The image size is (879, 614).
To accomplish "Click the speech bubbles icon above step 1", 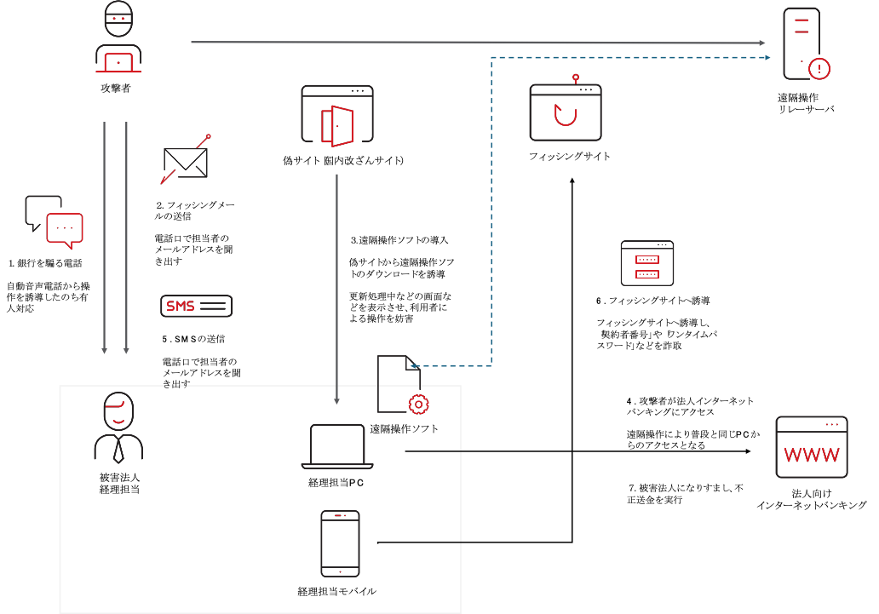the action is point(54,222).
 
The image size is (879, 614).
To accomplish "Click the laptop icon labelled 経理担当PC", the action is point(337,447).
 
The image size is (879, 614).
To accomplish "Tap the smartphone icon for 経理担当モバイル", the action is point(341,543).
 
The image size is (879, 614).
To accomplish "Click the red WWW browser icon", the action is point(812,447).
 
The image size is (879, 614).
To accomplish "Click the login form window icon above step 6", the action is point(647,263).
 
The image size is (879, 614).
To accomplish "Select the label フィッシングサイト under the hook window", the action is point(570,157).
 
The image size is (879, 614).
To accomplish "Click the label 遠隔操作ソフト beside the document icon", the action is point(405,429).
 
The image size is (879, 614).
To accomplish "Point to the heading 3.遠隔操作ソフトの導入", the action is point(399,240).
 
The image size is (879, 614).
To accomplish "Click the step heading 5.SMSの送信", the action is point(193,339).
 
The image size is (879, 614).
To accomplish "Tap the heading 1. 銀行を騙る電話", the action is point(45,263).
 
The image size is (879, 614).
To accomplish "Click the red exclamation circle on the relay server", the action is point(819,69).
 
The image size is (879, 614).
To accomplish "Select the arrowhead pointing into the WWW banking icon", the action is point(748,450).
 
